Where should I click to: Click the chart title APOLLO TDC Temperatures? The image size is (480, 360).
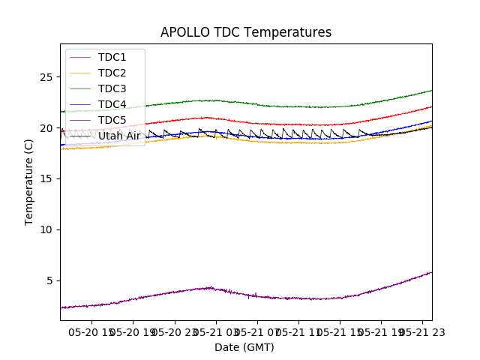click(x=246, y=32)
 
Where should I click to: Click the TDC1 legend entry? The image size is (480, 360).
click(x=112, y=57)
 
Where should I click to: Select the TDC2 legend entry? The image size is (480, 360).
click(x=112, y=73)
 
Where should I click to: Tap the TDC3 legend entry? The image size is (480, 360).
click(x=112, y=88)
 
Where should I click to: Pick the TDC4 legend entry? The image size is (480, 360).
click(x=112, y=104)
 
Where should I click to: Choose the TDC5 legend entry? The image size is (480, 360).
click(x=112, y=120)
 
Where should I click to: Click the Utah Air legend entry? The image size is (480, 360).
click(x=118, y=136)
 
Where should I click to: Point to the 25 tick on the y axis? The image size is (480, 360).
click(x=46, y=77)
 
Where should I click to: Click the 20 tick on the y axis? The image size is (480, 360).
click(x=46, y=128)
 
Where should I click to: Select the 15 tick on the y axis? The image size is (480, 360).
click(x=46, y=179)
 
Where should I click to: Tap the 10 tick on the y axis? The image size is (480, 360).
click(x=46, y=229)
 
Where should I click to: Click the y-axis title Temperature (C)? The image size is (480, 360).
click(x=29, y=182)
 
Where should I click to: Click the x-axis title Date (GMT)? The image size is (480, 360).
click(x=244, y=347)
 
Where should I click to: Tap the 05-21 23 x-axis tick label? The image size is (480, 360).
click(x=422, y=331)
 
